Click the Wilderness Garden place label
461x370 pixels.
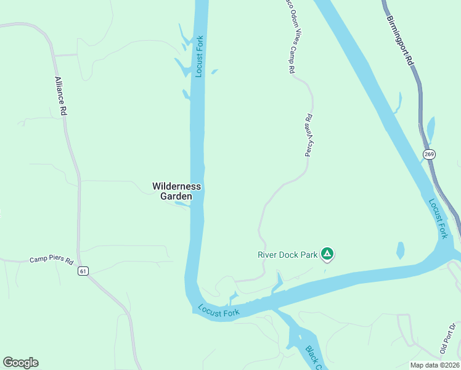177,191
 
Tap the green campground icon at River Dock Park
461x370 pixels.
328,253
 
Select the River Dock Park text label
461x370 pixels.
287,254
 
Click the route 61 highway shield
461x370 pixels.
84,271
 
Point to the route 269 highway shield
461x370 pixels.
430,154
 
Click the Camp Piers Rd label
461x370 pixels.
51,260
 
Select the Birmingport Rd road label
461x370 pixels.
400,33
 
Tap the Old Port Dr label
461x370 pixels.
447,339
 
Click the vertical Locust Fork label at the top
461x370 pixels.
199,56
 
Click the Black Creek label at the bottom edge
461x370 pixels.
314,357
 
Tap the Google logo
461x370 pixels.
20,363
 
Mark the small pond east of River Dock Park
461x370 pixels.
401,250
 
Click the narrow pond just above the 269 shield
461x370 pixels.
430,129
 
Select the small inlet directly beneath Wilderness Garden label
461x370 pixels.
183,203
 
